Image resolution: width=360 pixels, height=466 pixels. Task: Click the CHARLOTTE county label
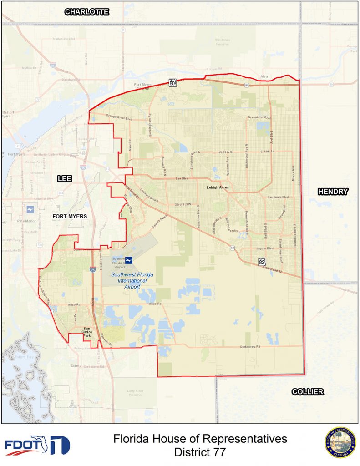[x=86, y=12]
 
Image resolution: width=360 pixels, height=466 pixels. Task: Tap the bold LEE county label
[x=65, y=179]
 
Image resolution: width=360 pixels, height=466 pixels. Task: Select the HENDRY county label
[x=333, y=192]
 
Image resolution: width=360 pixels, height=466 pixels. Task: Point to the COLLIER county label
[x=308, y=391]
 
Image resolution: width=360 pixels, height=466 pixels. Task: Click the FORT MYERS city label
[x=69, y=216]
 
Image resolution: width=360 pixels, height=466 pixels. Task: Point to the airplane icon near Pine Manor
[x=30, y=209]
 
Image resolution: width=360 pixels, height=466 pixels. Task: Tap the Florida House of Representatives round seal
[x=340, y=442]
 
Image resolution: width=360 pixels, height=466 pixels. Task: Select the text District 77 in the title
[x=200, y=452]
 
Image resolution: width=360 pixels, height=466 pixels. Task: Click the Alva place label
[x=264, y=76]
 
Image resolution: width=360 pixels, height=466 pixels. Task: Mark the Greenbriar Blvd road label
[x=259, y=117]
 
